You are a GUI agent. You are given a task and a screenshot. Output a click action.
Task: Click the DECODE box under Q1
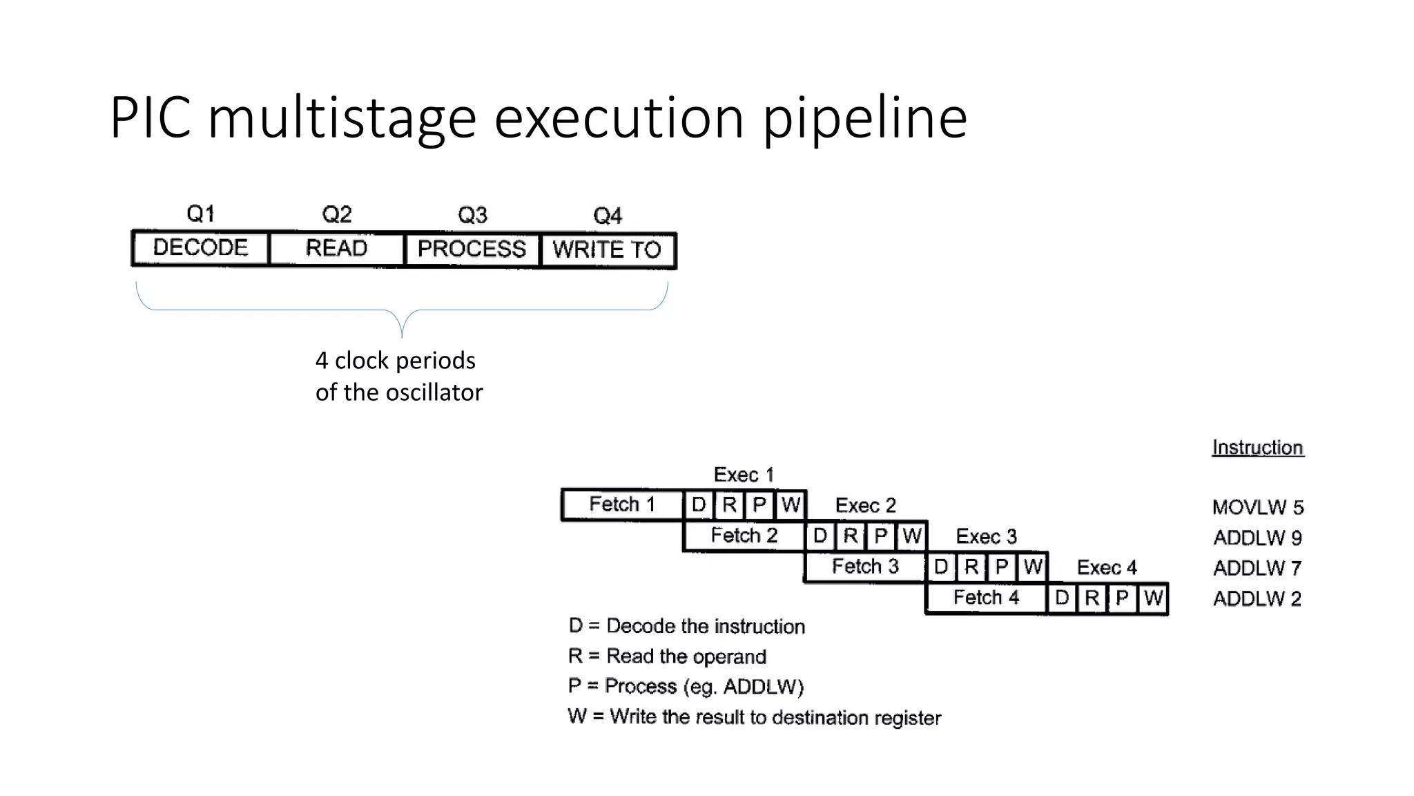click(200, 248)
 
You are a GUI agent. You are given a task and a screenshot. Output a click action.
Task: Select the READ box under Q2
click(336, 248)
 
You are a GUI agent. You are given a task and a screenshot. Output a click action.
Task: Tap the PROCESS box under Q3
click(472, 249)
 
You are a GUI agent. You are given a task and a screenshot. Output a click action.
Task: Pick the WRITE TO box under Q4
click(607, 249)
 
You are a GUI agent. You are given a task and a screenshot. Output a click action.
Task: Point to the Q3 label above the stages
click(472, 215)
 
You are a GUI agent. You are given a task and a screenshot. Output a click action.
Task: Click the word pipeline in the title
click(864, 118)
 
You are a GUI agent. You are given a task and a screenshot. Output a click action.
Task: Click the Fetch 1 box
click(622, 504)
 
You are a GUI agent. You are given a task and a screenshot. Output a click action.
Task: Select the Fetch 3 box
click(865, 567)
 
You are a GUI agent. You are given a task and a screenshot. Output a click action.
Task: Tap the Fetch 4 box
click(986, 598)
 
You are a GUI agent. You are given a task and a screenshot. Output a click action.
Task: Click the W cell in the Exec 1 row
click(791, 504)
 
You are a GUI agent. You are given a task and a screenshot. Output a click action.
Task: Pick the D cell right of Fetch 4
click(1062, 598)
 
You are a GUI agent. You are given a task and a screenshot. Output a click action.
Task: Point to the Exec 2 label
click(865, 506)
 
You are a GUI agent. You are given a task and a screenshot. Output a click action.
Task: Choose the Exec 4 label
click(1107, 568)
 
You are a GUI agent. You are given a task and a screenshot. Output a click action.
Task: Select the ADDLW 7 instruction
click(1257, 569)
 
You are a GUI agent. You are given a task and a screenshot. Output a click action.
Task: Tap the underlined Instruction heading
click(1258, 448)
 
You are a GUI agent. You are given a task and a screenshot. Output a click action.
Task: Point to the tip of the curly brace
click(402, 337)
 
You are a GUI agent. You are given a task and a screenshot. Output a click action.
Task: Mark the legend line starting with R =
click(667, 656)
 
